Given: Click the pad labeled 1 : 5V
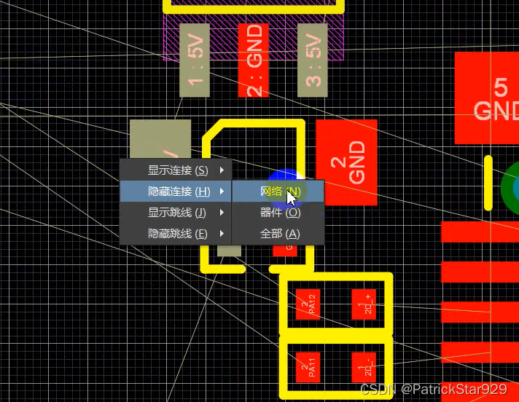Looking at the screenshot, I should [x=195, y=60].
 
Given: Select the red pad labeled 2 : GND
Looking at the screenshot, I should [x=254, y=60].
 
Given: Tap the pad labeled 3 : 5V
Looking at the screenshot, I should [x=313, y=60].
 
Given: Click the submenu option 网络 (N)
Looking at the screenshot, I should [x=279, y=192].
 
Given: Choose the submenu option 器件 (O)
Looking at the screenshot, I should [x=279, y=213].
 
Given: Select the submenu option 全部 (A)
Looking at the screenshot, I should [x=279, y=234].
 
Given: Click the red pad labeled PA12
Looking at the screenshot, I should [x=308, y=304].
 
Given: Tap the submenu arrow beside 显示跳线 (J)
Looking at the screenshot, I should [x=222, y=213].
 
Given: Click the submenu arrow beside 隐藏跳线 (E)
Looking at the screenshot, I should [x=222, y=234].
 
